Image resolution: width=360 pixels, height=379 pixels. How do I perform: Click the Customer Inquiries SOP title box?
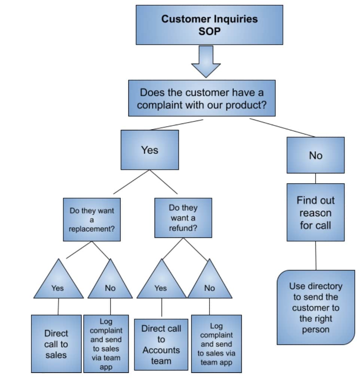pos(209,25)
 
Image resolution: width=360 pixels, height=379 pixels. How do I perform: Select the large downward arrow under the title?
pos(206,62)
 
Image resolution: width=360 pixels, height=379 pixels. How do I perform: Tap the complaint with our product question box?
pos(202,98)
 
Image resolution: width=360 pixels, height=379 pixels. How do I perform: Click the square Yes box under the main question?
pos(150,150)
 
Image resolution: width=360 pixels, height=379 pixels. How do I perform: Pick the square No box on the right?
pos(315,155)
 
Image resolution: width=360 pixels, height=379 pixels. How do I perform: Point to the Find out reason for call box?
pos(315,212)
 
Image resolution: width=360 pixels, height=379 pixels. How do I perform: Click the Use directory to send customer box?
pos(315,307)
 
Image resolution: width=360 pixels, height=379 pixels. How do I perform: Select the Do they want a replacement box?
pos(92,219)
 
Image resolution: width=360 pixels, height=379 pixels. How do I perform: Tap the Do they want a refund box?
pos(183,218)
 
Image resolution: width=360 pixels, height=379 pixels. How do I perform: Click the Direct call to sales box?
pos(56,344)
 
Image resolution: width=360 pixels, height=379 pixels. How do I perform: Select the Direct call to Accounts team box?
pos(161,345)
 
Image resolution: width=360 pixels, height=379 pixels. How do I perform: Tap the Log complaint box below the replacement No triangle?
pos(106,344)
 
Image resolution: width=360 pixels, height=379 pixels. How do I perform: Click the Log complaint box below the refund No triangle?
pos(216,344)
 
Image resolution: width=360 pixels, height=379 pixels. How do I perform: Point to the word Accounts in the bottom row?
pos(161,350)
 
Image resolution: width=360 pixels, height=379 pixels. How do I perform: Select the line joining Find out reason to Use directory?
pos(315,255)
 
